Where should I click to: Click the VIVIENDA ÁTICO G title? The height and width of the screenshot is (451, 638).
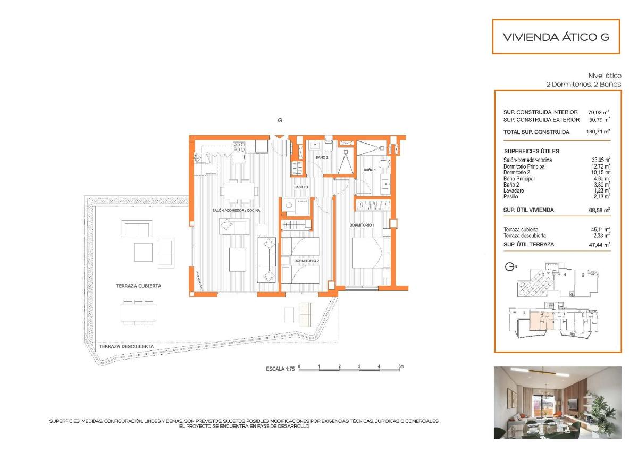tap(556, 37)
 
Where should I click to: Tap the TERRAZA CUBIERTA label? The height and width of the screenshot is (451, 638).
tap(138, 286)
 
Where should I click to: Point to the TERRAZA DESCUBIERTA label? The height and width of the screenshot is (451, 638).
tap(126, 346)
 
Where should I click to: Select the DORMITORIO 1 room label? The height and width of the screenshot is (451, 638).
tap(362, 225)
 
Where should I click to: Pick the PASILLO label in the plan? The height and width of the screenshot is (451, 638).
tap(301, 187)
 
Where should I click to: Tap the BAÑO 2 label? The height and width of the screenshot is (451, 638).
tap(322, 158)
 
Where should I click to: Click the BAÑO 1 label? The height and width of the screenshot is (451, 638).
tap(370, 170)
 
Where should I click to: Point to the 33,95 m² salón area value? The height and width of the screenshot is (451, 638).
tap(600, 160)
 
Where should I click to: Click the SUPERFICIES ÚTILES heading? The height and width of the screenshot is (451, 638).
tap(531, 151)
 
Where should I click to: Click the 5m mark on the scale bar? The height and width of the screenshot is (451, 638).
tap(401, 366)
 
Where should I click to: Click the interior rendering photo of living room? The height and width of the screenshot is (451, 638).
tap(557, 402)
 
